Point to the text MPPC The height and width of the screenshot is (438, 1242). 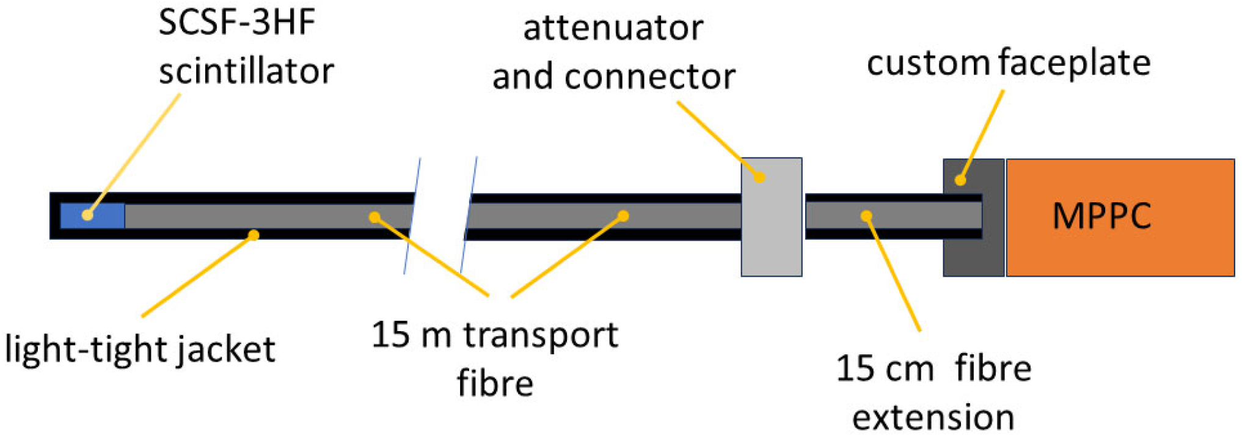1101,216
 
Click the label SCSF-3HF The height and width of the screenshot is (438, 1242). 237,23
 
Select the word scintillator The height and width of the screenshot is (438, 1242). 246,71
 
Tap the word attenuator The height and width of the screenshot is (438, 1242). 613,28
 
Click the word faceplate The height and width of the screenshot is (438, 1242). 1075,63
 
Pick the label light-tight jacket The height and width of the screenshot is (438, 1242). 140,350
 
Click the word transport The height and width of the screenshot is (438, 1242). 541,335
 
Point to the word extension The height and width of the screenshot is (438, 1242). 933,418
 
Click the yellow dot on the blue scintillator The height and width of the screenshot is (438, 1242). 87,215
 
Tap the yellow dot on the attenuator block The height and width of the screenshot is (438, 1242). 759,177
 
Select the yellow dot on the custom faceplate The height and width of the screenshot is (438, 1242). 960,180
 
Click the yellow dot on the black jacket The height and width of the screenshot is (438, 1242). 254,235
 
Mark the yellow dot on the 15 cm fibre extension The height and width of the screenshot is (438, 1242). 866,216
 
